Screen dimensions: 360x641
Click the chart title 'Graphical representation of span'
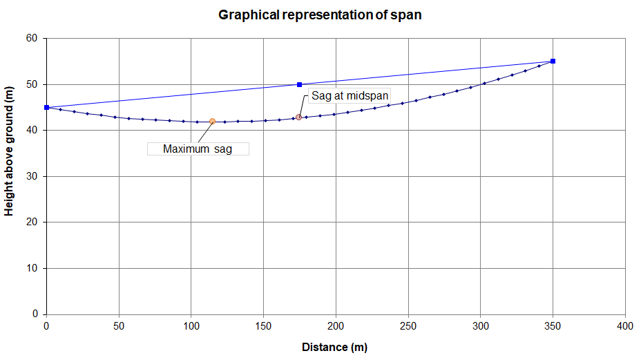tap(320, 15)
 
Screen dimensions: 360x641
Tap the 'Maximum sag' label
tap(198, 149)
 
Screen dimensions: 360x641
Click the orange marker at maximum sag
tap(212, 121)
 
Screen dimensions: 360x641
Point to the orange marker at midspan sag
tap(298, 117)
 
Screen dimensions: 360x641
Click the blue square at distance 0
tap(46, 107)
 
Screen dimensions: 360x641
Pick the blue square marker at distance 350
tap(553, 61)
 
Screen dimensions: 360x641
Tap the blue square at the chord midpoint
tap(300, 84)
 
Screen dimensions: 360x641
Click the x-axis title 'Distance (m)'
tap(334, 347)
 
